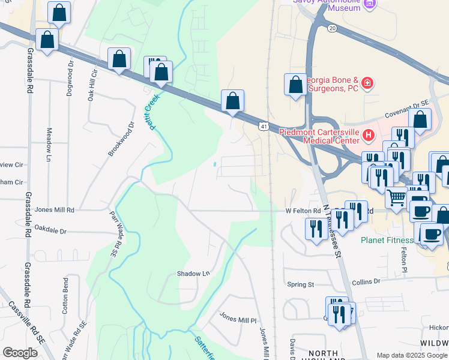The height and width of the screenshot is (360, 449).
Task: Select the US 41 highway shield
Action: [264, 127]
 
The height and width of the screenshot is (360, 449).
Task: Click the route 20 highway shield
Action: [331, 28]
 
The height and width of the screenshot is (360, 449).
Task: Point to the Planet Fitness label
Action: [387, 240]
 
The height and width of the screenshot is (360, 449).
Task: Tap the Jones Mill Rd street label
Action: [55, 210]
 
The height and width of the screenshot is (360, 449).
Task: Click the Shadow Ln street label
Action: [193, 274]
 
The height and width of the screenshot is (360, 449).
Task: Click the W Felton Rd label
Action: [304, 211]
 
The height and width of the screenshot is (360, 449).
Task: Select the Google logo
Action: [20, 353]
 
